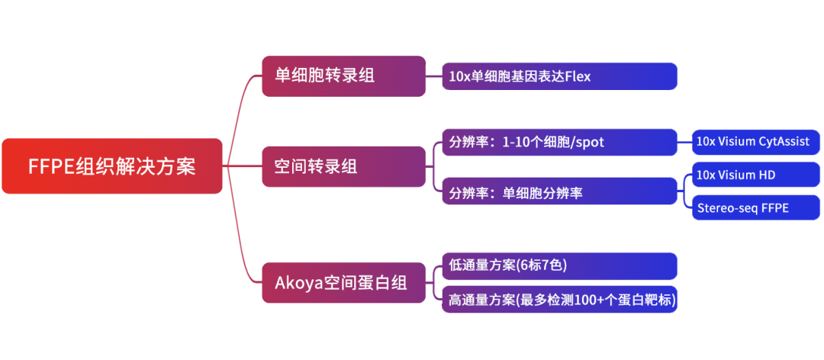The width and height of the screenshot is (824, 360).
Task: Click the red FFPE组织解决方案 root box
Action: tap(111, 166)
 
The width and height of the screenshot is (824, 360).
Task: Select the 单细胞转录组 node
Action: tap(343, 76)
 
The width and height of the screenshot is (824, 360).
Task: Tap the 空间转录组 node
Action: tap(343, 166)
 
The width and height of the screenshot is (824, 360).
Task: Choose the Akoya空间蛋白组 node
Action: tap(343, 283)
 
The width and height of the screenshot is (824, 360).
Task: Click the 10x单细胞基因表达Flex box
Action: tap(559, 76)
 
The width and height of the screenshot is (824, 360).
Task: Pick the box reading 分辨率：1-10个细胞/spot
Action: tap(559, 142)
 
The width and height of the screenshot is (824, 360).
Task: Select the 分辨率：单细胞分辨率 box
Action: tap(559, 193)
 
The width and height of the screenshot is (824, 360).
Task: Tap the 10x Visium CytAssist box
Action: tap(755, 142)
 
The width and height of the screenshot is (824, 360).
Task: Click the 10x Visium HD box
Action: tap(755, 175)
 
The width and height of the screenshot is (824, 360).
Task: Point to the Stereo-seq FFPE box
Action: tap(755, 208)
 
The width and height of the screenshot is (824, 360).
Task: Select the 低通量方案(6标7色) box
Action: tap(559, 265)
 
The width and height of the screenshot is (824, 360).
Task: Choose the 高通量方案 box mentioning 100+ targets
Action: tap(559, 300)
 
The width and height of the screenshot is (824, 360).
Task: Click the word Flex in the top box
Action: tap(578, 76)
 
